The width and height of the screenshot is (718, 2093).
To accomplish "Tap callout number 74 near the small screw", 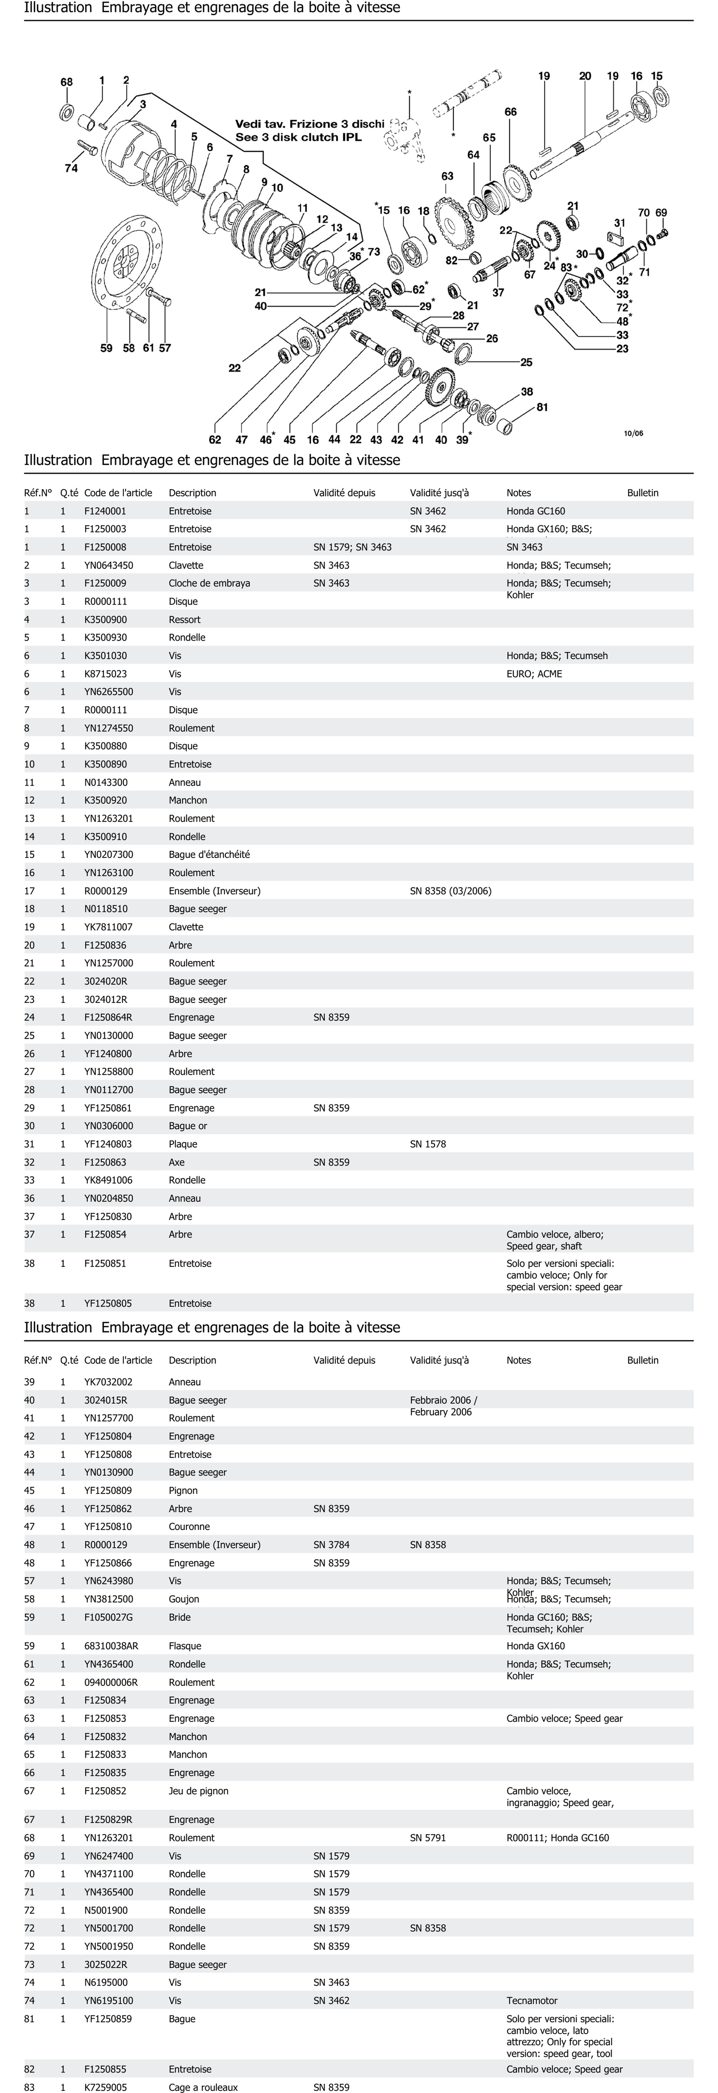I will pyautogui.click(x=71, y=168).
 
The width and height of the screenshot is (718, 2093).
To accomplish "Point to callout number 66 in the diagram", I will pyautogui.click(x=511, y=112).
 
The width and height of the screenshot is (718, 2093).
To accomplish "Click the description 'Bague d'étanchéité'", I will pyautogui.click(x=209, y=855).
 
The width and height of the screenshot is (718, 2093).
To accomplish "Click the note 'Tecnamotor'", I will pyautogui.click(x=532, y=2000).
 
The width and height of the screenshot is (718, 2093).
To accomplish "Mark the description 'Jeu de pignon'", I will pyautogui.click(x=199, y=1791).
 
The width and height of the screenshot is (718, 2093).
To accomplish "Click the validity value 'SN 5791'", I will pyautogui.click(x=428, y=1838).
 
